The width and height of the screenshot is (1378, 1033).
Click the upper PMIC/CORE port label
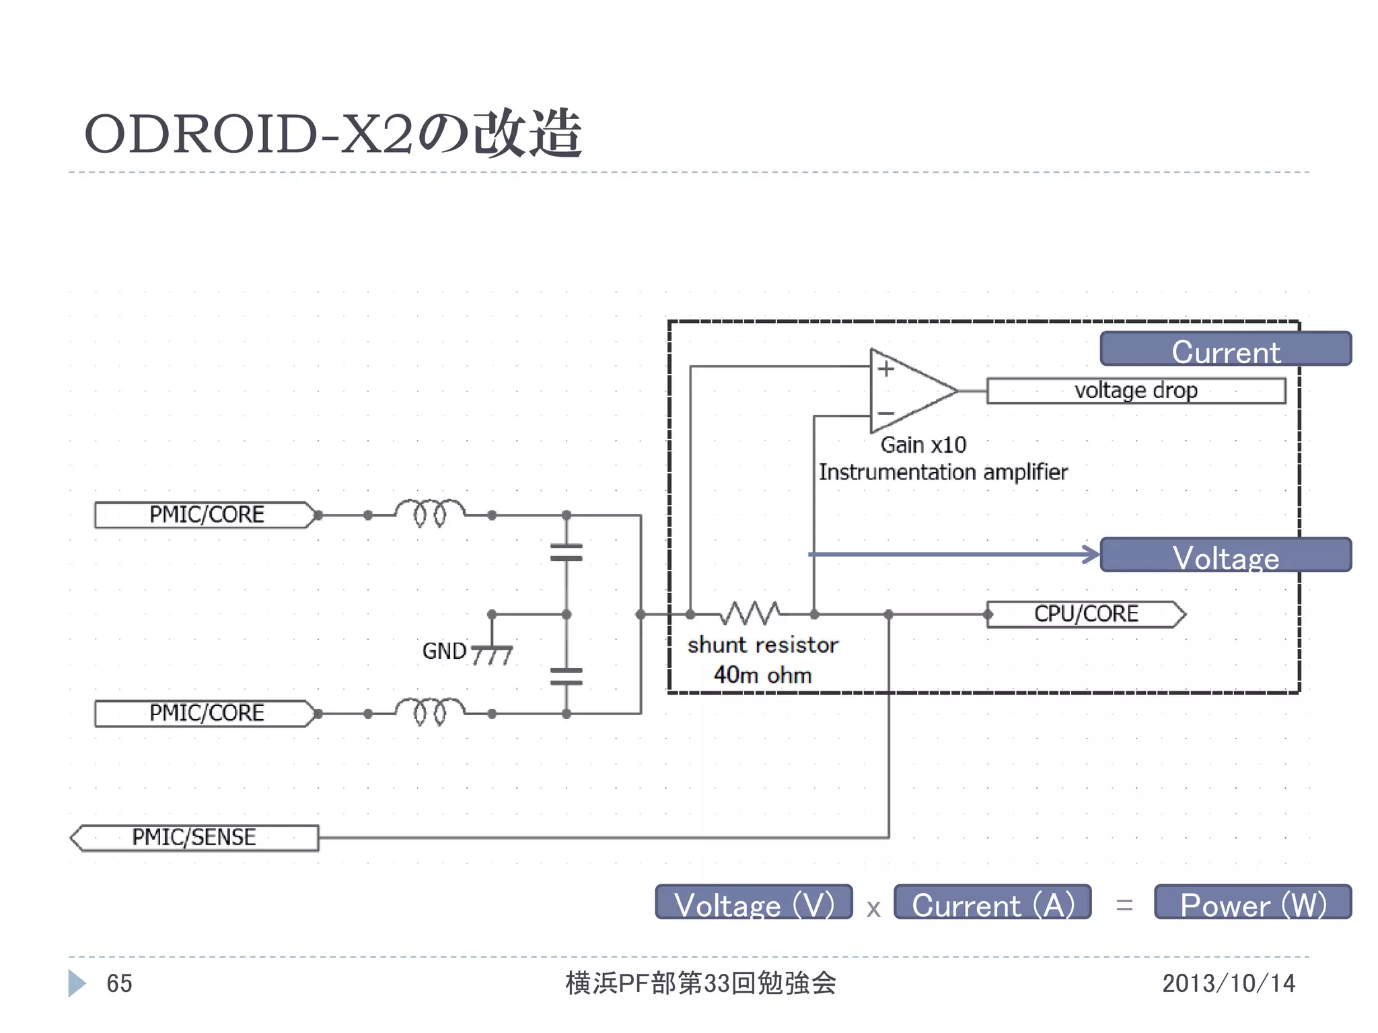[x=205, y=515]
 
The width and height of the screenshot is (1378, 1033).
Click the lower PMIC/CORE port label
[x=205, y=714]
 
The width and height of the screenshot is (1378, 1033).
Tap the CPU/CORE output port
[x=1085, y=615]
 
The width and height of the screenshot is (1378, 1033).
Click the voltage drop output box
[x=1136, y=391]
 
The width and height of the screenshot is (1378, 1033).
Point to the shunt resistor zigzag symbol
[x=752, y=613]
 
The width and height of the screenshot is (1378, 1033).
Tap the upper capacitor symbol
[x=566, y=553]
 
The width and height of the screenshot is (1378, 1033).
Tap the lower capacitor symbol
[x=566, y=676]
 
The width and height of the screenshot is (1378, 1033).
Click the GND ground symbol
[x=492, y=653]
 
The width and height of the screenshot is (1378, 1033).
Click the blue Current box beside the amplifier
[x=1225, y=349]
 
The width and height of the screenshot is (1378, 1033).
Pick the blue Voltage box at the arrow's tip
[x=1225, y=556]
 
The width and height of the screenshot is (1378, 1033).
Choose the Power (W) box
[x=1252, y=903]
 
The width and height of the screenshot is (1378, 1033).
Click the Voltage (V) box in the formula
[x=754, y=903]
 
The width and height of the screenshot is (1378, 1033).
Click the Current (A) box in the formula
[x=992, y=903]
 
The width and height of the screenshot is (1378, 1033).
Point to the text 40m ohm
[x=762, y=675]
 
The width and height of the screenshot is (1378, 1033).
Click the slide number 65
[x=119, y=984]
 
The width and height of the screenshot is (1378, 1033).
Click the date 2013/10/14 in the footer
[x=1228, y=984]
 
